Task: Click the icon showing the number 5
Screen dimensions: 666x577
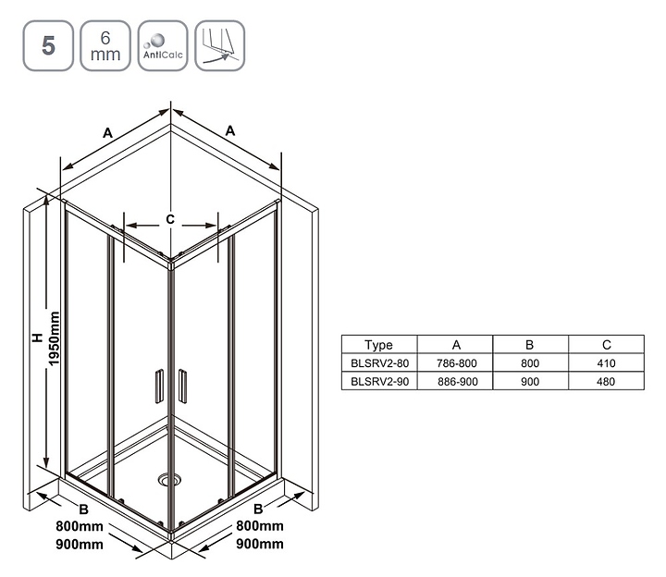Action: coord(48,46)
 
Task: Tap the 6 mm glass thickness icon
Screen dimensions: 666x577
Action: coord(105,46)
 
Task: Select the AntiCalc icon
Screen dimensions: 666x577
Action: coord(163,46)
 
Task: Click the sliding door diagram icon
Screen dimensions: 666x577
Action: coord(219,46)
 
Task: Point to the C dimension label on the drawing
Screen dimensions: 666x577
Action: coord(170,219)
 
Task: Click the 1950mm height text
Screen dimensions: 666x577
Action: coord(54,338)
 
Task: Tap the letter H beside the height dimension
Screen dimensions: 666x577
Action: coord(38,338)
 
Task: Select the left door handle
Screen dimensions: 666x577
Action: coord(159,386)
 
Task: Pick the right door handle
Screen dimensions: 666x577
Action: coord(182,386)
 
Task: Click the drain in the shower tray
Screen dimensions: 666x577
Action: coord(169,480)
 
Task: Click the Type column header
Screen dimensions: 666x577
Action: coord(378,345)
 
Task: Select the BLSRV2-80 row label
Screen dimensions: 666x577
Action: coord(380,363)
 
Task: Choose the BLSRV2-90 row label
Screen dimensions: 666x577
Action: coord(380,382)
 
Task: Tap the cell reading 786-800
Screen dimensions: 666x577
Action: coord(457,363)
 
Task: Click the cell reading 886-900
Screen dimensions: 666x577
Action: coord(458,382)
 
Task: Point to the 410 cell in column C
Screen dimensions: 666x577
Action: coord(606,363)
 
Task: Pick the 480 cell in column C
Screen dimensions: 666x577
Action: coord(606,382)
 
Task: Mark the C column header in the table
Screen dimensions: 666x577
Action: coord(607,345)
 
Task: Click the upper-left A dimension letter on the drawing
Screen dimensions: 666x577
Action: coord(108,133)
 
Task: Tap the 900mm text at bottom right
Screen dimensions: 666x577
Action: coord(260,544)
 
